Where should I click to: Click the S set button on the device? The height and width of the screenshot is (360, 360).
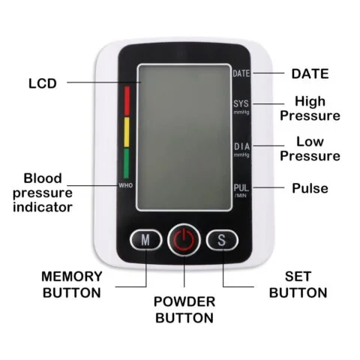click(222, 240)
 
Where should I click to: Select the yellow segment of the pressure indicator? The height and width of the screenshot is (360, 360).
click(127, 130)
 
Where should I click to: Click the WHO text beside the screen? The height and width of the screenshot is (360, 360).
click(125, 184)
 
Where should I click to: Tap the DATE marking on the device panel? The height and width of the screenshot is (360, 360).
click(241, 73)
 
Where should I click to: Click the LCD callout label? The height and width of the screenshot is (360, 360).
click(42, 82)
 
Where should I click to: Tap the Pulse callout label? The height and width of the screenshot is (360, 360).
click(310, 188)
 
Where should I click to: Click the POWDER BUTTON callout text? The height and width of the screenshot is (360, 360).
click(184, 309)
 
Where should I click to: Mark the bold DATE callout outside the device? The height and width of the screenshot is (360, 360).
click(309, 73)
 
